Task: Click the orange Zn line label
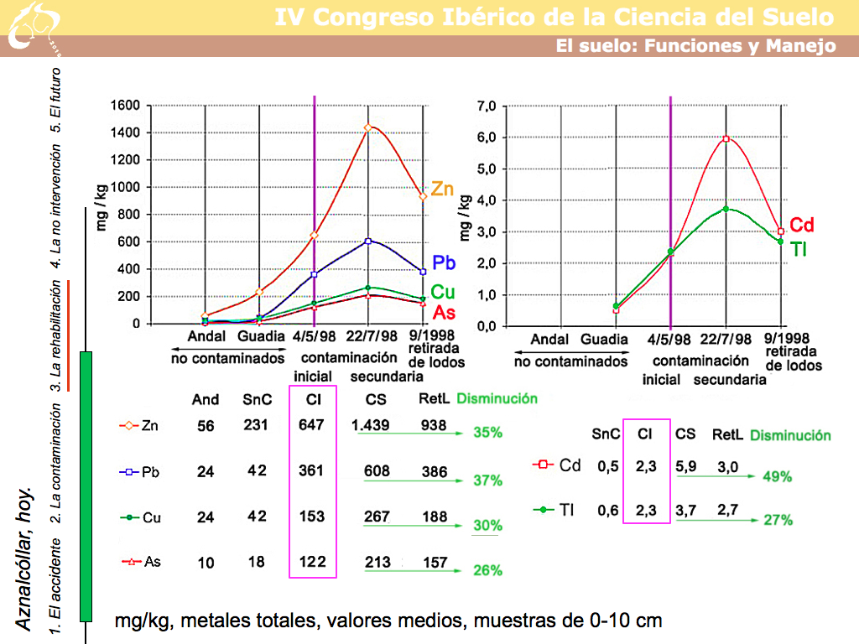click(442, 190)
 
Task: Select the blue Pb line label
click(444, 262)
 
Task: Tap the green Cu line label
click(443, 293)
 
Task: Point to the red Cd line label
click(803, 225)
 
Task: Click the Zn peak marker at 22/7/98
click(367, 127)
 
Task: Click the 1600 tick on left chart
click(124, 106)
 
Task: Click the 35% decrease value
click(487, 433)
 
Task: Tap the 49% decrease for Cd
click(778, 476)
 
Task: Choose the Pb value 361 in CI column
click(311, 471)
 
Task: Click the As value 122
click(311, 562)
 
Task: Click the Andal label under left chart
click(206, 337)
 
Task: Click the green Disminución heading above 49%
click(790, 435)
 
